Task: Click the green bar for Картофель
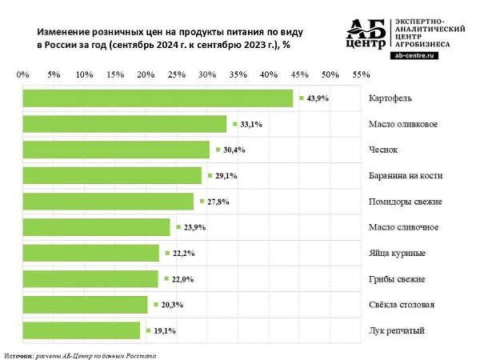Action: pos(158,98)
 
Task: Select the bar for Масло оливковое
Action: pos(125,124)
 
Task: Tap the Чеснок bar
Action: pos(116,150)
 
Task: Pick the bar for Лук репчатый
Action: pos(82,330)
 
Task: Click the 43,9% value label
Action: pos(318,98)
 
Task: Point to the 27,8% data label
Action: pos(218,202)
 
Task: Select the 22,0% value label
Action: pos(182,279)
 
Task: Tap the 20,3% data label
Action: pos(172,305)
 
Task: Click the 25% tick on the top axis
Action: pos(177,74)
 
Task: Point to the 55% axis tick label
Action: pos(362,74)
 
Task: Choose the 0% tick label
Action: pos(23,74)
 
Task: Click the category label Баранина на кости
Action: pos(406,176)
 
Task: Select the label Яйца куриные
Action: pos(397,254)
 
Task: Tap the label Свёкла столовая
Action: pos(402,305)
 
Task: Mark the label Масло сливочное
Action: pos(403,227)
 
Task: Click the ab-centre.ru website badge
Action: pos(414,55)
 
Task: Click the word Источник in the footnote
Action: pos(18,356)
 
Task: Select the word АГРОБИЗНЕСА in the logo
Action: pos(422,44)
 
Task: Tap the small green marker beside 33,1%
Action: pos(234,124)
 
